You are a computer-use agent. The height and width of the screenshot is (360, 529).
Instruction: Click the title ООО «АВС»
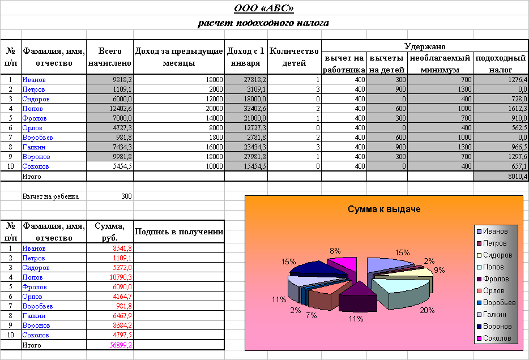(264, 8)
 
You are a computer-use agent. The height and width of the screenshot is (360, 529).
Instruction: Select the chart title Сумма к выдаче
(383, 210)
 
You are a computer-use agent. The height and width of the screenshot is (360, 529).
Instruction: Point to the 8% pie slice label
(335, 251)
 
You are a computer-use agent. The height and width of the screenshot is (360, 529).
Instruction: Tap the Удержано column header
(425, 46)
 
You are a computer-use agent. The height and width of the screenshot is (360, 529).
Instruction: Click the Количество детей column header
(294, 57)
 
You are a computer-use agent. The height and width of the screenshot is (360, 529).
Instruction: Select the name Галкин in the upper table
(33, 147)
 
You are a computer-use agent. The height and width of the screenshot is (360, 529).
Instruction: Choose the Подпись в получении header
(179, 232)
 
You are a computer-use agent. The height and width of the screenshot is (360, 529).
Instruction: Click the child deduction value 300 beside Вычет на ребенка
(126, 196)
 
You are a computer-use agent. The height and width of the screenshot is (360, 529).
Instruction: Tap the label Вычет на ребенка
(50, 196)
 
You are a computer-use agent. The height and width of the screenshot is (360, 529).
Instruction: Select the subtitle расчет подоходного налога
(263, 24)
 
